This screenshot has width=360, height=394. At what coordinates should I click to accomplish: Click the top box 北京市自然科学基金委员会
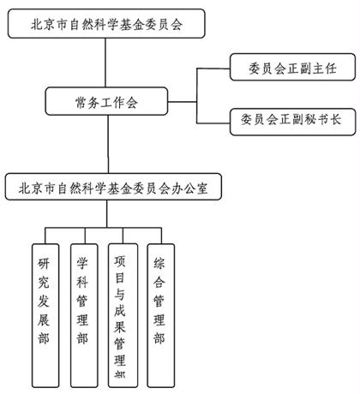tap(106, 24)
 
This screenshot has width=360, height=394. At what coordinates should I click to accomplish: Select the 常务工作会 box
tap(106, 103)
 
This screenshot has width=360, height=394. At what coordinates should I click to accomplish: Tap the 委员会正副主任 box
tap(286, 67)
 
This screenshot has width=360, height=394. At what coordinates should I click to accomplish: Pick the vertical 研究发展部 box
tap(44, 313)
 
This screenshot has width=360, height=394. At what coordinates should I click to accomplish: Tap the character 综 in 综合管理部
tap(159, 263)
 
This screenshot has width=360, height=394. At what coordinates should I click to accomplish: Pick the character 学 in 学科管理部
tap(83, 263)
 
